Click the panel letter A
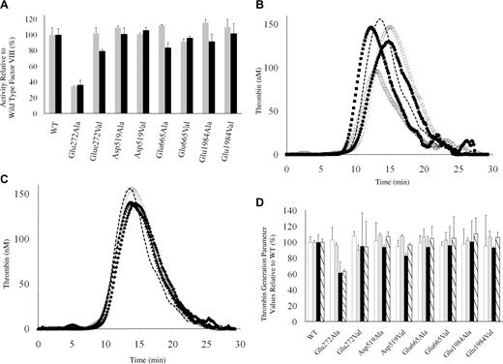pyautogui.click(x=6, y=6)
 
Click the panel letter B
pyautogui.click(x=257, y=6)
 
